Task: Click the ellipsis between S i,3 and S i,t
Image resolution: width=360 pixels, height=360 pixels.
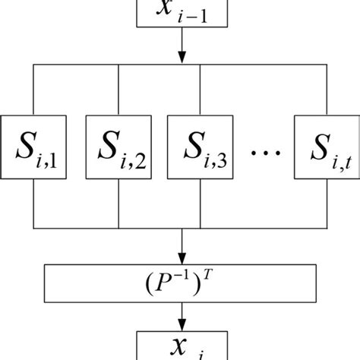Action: (264, 153)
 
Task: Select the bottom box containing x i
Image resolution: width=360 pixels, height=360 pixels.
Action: (181, 346)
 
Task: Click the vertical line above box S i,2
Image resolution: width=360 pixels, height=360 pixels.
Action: (118, 89)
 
